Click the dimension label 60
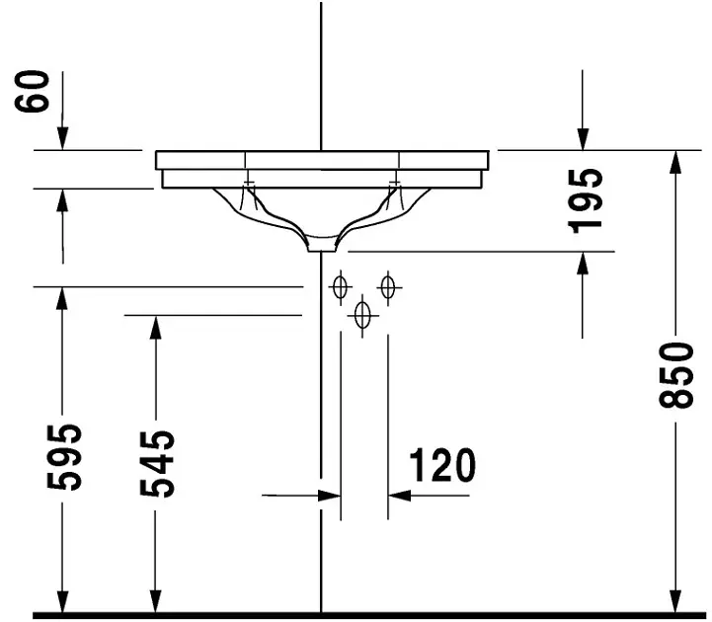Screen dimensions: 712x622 click(32, 91)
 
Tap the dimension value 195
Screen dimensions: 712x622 click(586, 200)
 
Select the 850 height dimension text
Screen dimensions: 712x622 click(676, 375)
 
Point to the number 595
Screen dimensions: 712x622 click(64, 457)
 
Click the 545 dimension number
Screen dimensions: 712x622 click(157, 464)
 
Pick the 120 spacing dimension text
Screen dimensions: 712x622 click(442, 465)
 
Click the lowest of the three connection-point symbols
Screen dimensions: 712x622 click(362, 315)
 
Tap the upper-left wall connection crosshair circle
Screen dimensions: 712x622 click(340, 287)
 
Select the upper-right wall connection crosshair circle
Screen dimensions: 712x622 click(388, 287)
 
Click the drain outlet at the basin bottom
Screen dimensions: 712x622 click(322, 247)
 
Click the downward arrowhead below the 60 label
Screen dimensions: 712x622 click(62, 139)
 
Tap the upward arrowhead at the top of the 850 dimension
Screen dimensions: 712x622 click(676, 161)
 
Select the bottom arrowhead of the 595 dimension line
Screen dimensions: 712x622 click(62, 602)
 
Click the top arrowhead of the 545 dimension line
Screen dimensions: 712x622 click(156, 327)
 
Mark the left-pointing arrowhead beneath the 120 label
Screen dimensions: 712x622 click(399, 496)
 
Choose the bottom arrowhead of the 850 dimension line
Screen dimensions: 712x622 click(676, 602)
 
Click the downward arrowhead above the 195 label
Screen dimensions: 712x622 click(583, 139)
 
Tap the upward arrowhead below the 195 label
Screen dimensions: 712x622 click(583, 264)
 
